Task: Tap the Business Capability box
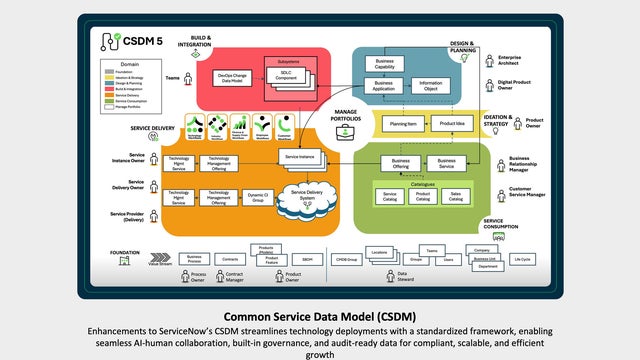[x=385, y=63]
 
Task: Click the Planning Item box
[x=404, y=124]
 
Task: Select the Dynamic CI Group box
[x=258, y=198]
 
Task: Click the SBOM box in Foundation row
[x=308, y=259]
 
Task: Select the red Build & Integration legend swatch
[x=112, y=88]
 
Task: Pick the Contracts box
[x=229, y=259]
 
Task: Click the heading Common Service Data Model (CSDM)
[x=320, y=315]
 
